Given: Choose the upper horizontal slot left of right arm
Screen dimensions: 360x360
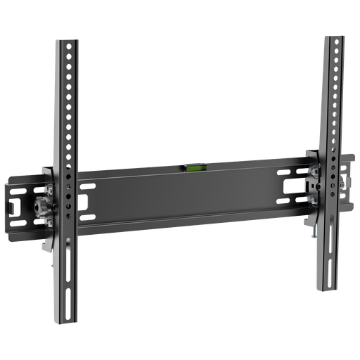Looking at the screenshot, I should [x=288, y=172].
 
